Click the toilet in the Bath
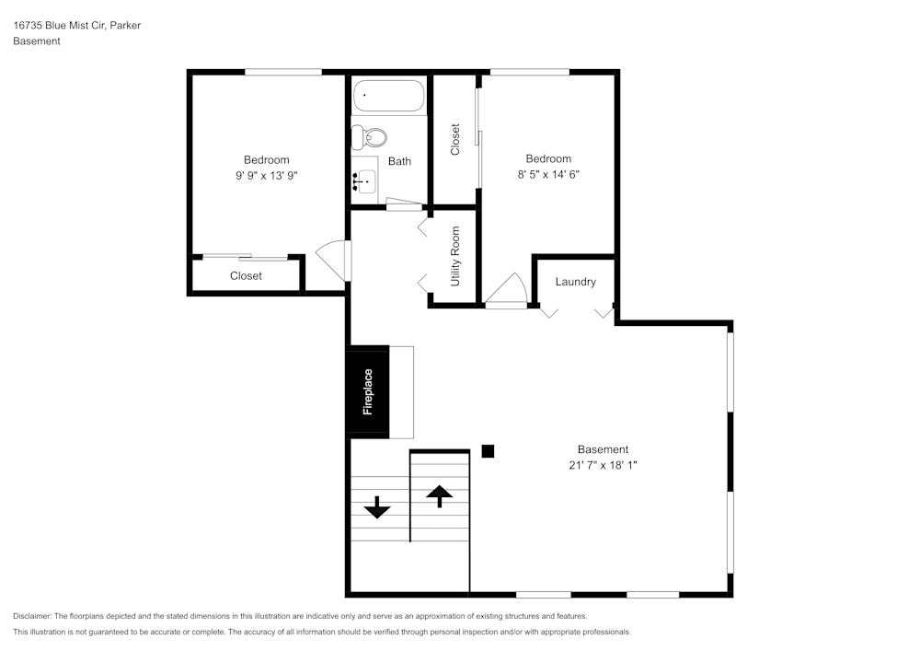pos(371,137)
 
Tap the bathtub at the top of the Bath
pos(388,96)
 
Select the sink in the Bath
pos(364,180)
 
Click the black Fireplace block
pos(367,391)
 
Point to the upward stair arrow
pos(440,495)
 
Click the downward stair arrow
pos(377,506)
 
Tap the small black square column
pos(489,450)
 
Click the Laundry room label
pos(575,282)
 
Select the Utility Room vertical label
pos(454,255)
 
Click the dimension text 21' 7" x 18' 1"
pos(603,465)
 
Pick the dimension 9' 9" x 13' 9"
pos(266,175)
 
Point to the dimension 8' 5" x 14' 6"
pos(548,174)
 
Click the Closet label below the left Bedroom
pos(246,276)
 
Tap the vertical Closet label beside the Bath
pos(454,139)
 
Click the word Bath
pos(399,161)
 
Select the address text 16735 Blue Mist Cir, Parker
pos(76,26)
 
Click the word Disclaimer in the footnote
pos(32,616)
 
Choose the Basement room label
pos(603,449)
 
